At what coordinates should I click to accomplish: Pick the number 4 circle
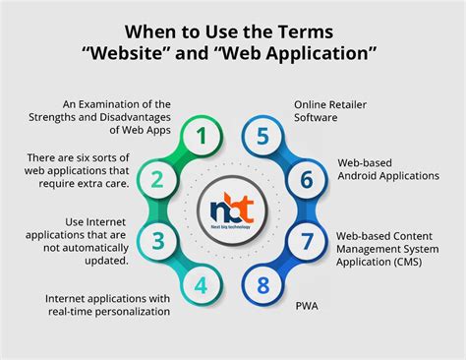(201, 286)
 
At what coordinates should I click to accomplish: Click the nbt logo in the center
(233, 209)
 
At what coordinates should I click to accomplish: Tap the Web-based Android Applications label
(386, 169)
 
